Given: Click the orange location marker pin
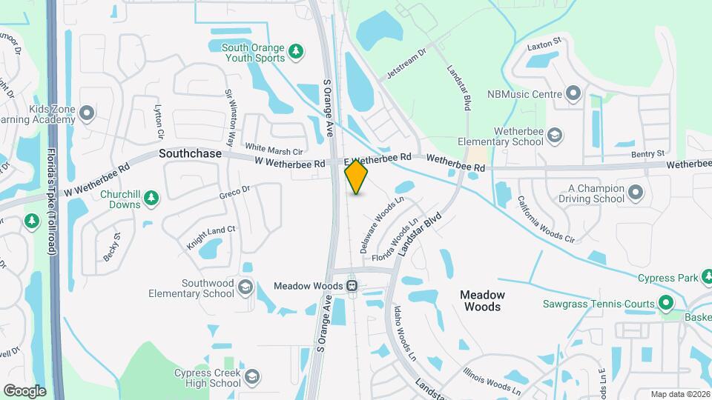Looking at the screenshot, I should click(357, 176).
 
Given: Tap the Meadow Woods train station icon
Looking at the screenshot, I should click(352, 285).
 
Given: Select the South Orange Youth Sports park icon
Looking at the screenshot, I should click(296, 51).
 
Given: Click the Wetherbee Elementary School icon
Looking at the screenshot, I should click(555, 135).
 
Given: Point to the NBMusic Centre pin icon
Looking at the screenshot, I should click(573, 94).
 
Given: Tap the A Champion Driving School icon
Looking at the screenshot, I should click(635, 193).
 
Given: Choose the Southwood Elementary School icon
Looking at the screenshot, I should click(245, 287).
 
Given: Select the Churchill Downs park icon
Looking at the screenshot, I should click(151, 197).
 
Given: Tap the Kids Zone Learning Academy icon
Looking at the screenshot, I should click(88, 113).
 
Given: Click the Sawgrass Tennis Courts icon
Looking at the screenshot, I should click(666, 303).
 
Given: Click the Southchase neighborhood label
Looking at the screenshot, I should click(190, 153).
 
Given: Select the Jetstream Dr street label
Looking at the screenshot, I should click(408, 64).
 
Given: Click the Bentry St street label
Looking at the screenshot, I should click(648, 153).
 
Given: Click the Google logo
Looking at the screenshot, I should click(24, 390).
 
